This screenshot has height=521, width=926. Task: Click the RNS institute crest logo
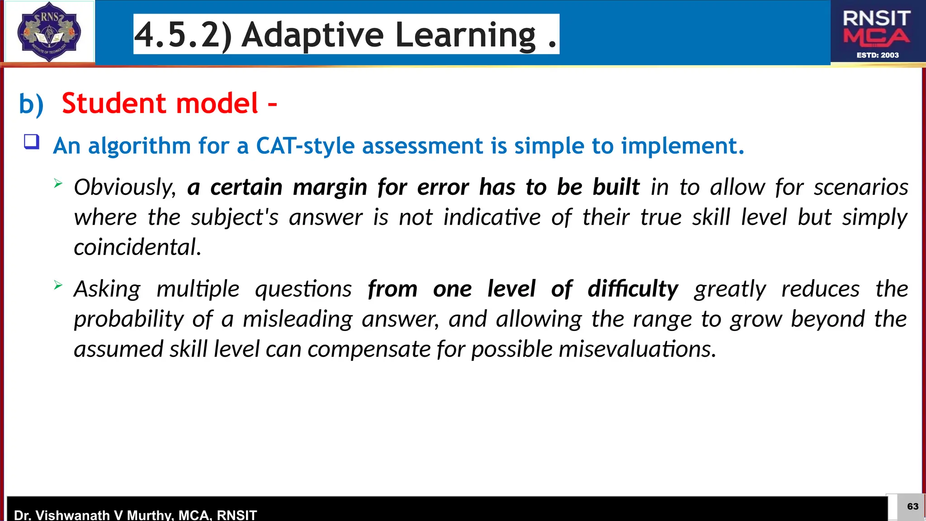[49, 32]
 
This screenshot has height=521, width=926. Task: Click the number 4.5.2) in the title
[183, 35]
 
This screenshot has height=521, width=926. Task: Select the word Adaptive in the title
[312, 35]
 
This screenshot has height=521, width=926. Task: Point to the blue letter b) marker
[31, 104]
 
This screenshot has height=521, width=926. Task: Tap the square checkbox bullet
[32, 142]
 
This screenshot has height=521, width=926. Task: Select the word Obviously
[125, 187]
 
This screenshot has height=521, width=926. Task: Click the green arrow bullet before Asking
[58, 285]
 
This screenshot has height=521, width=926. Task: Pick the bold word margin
[330, 187]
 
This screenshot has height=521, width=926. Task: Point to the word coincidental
[137, 247]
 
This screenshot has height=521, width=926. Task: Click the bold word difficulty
[633, 289]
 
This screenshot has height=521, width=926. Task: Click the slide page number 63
[912, 506]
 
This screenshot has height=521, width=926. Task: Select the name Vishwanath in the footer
[73, 515]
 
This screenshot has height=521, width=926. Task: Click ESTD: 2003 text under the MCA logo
[877, 55]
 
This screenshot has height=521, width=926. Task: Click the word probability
[129, 319]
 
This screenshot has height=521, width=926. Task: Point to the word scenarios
[860, 187]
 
